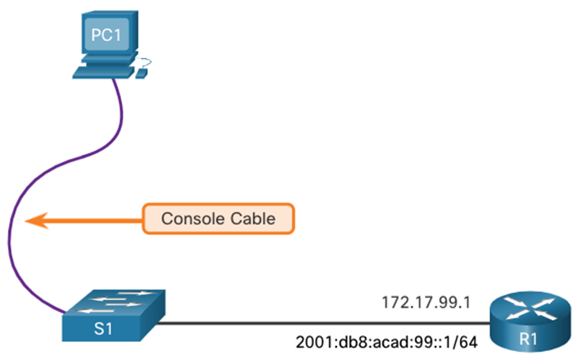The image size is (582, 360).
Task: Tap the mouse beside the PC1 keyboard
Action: pos(141,74)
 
